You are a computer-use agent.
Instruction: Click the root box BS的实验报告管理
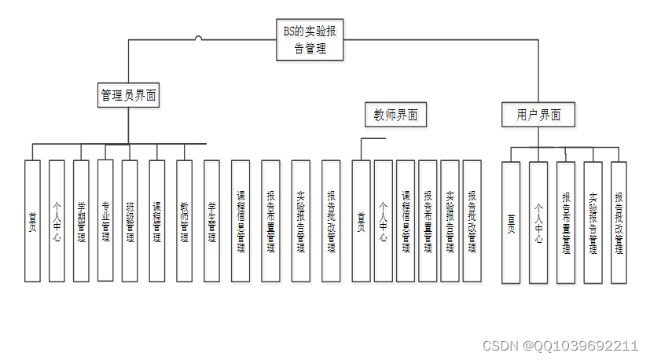coord(311,39)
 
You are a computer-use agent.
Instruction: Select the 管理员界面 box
coord(128,95)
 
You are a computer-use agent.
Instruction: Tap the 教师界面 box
coord(395,115)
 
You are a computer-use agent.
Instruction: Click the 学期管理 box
coord(81,221)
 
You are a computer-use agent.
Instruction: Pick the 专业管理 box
coord(106,221)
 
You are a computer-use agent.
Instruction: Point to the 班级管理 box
coord(130,221)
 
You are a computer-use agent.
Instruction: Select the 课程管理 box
coord(156,221)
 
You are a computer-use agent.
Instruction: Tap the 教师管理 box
coord(184,221)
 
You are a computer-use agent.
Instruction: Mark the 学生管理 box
coord(211,221)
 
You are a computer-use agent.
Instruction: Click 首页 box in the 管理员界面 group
coord(32,221)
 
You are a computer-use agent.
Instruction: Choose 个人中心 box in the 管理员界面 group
coord(57,221)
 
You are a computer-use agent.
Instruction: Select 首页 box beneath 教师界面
coord(361,221)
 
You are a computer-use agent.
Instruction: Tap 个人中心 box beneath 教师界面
coord(383,221)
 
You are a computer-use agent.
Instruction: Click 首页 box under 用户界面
coord(511,222)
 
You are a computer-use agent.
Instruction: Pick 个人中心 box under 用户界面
coord(538,222)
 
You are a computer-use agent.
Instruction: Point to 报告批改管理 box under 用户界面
coord(619,222)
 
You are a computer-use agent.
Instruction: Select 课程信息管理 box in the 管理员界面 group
coord(241,221)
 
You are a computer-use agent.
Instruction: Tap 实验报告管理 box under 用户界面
coord(593,222)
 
